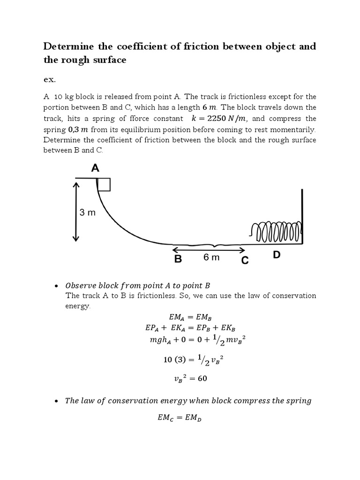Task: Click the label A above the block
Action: coord(95,168)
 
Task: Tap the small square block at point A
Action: coord(104,185)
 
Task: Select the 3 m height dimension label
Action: coord(87,212)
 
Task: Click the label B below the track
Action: coord(178,259)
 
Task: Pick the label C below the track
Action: coord(245,260)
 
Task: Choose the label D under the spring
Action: coord(277,255)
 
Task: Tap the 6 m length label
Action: coord(211,258)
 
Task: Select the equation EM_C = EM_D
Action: coord(180,418)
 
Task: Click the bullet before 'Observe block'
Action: coord(56,286)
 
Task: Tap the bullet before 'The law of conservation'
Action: coord(56,401)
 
